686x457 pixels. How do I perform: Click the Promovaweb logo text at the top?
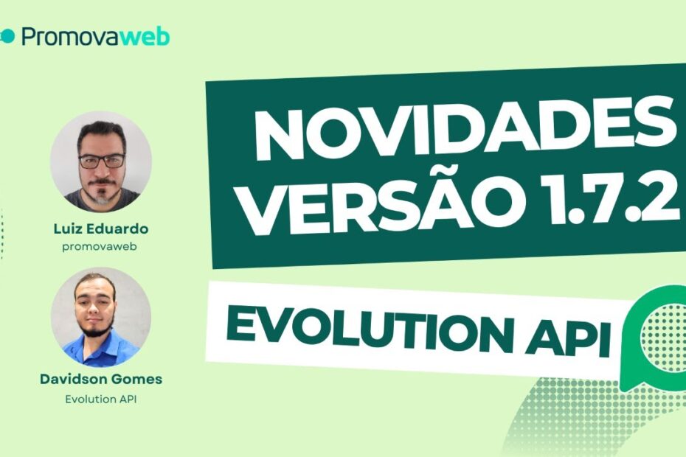[95, 37]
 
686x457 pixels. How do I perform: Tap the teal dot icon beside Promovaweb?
[7, 36]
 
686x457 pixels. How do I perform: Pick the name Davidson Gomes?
[100, 380]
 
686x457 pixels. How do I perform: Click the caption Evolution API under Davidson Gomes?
[100, 400]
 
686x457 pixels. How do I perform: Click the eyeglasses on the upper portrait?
[102, 160]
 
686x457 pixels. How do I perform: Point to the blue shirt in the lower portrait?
[100, 350]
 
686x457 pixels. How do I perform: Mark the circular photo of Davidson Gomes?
[100, 318]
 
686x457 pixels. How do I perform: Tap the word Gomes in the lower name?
[138, 380]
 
